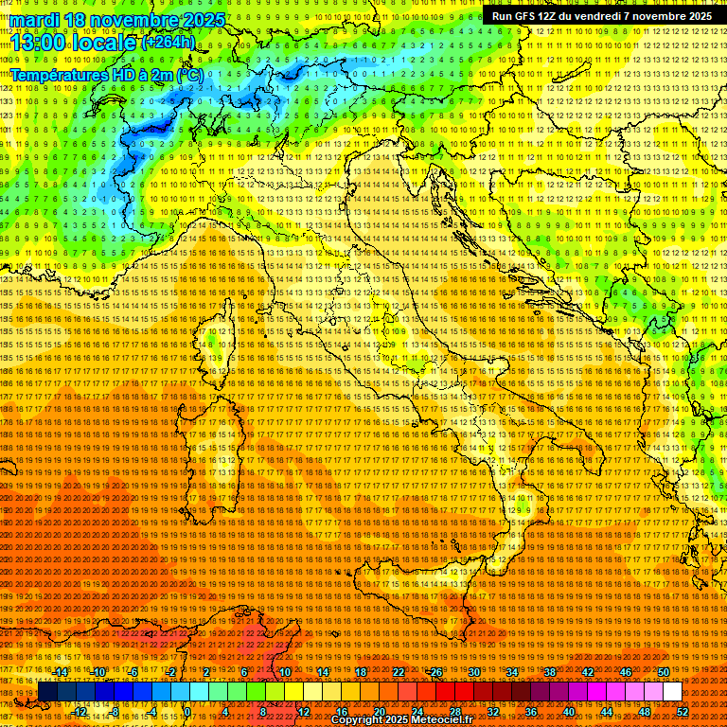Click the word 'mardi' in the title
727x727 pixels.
[32, 20]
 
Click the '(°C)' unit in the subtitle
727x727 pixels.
[187, 74]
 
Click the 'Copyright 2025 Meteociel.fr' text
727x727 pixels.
[402, 720]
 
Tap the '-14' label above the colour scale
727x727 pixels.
[61, 672]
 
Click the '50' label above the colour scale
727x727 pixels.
[663, 672]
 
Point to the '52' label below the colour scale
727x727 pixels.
[683, 712]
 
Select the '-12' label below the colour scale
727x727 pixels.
[80, 712]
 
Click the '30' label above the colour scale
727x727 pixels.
[473, 672]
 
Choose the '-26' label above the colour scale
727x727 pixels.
[435, 672]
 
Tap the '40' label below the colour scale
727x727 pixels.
[569, 712]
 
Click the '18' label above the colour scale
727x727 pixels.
[360, 672]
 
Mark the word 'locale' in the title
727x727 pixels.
[106, 42]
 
